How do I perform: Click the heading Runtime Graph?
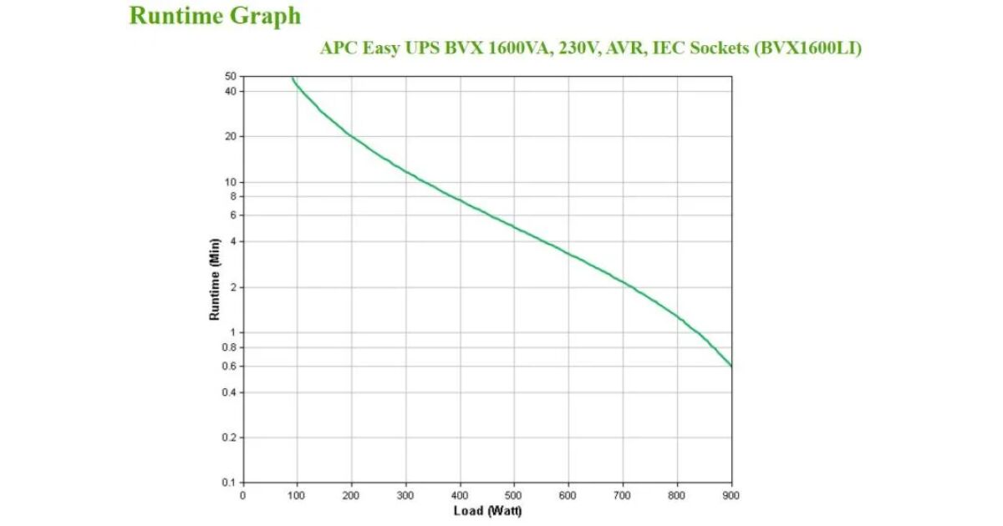(215, 16)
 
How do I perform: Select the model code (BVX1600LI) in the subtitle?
(807, 48)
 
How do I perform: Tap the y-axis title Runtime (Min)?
(215, 279)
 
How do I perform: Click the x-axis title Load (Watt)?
(487, 511)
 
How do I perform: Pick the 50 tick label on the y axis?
(230, 77)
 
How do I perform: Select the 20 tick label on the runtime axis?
(230, 136)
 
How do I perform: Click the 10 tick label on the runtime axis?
(230, 182)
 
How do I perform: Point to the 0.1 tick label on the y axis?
(228, 483)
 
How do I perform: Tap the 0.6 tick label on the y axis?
(228, 367)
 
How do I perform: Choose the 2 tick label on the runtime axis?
(233, 287)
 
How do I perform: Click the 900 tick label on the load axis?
(731, 495)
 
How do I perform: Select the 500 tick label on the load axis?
(514, 495)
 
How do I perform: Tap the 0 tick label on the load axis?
(243, 495)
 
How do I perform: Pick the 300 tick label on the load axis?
(405, 495)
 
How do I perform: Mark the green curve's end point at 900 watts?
(731, 366)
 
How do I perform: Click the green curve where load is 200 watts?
(352, 136)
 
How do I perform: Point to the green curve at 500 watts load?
(514, 226)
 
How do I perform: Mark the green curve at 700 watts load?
(623, 283)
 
